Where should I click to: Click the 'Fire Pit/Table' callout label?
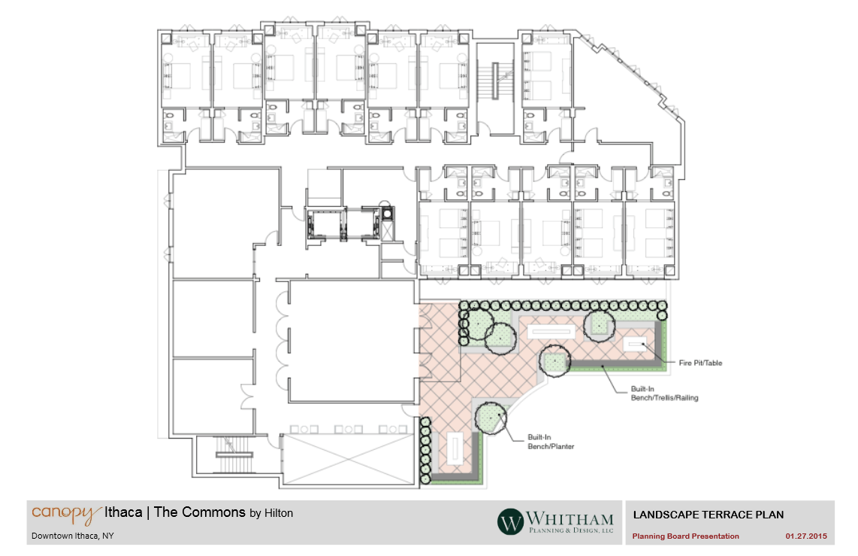point(700,363)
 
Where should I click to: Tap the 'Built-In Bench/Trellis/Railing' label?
point(664,393)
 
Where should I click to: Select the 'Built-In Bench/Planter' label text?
point(551,442)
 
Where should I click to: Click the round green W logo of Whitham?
point(510,521)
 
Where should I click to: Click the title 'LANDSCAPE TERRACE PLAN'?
point(708,515)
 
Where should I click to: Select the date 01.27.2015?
point(806,536)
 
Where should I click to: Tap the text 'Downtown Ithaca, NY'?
point(72,536)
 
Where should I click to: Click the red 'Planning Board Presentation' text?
point(686,536)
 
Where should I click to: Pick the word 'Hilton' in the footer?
point(279,513)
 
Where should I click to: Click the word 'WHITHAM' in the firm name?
point(569,518)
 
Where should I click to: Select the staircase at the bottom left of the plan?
point(234,454)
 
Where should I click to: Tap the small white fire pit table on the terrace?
point(636,344)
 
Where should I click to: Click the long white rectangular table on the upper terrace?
point(551,331)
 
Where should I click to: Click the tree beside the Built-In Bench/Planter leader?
point(491,419)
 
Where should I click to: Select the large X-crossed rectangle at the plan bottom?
point(348,459)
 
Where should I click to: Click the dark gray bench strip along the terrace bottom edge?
point(455,479)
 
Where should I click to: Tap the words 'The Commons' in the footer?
point(200,512)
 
